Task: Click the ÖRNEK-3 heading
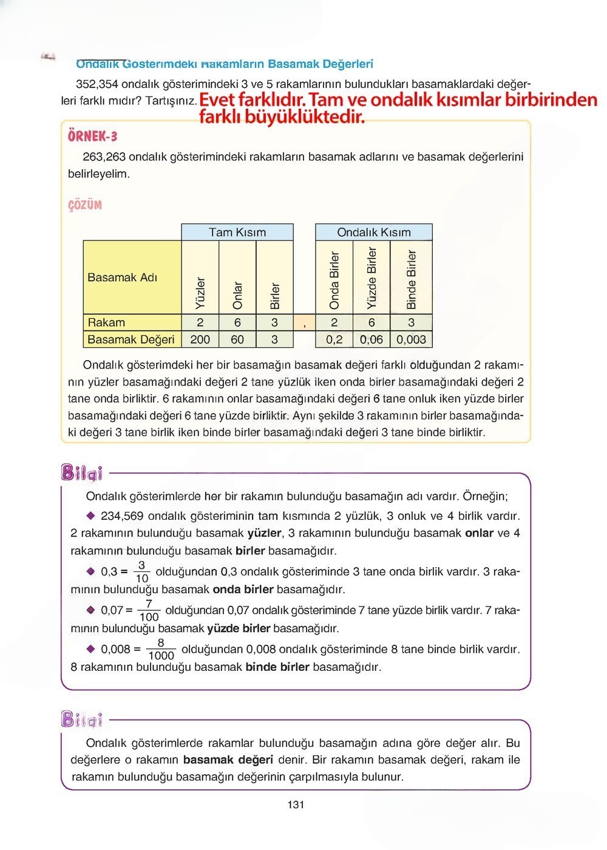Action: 92,136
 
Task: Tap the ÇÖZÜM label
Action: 85,205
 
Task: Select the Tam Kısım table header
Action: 237,232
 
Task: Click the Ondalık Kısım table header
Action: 374,232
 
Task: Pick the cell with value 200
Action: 200,339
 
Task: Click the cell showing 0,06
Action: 371,339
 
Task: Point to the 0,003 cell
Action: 412,339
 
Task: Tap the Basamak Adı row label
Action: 123,277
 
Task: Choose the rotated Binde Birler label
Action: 412,279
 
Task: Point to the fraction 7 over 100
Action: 149,610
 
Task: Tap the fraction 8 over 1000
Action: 161,649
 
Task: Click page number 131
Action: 296,805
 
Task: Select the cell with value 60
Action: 237,339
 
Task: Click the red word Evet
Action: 218,100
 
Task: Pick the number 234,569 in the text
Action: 122,516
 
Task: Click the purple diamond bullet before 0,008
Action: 91,648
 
